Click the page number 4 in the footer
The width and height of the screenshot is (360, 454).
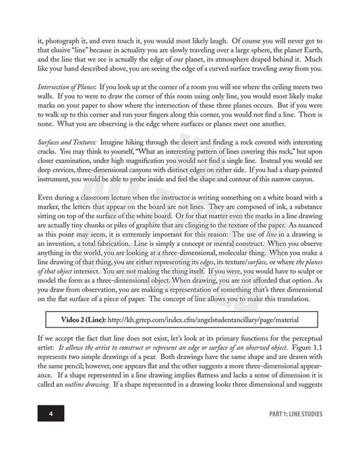coord(51,414)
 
